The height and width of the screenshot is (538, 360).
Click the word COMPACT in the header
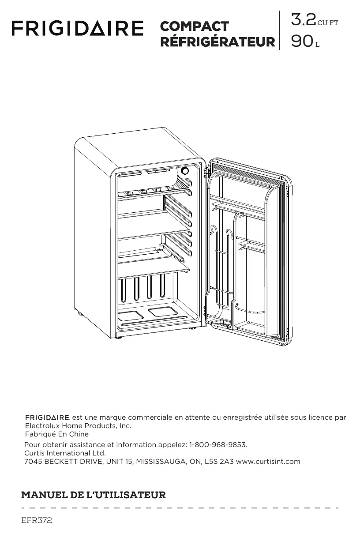click(194, 26)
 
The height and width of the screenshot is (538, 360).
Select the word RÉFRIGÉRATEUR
click(217, 42)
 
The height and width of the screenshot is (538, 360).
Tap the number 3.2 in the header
click(303, 20)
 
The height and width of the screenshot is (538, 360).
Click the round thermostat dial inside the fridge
click(185, 171)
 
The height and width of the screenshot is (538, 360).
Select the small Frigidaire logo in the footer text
click(47, 418)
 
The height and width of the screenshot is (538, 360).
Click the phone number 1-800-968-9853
click(218, 444)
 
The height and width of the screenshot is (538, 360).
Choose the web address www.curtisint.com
click(268, 462)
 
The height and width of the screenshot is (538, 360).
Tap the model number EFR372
click(37, 521)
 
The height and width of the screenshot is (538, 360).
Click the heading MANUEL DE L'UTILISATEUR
click(94, 495)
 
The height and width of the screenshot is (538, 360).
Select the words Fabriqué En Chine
click(57, 434)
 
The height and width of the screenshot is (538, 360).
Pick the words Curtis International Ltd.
click(65, 453)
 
